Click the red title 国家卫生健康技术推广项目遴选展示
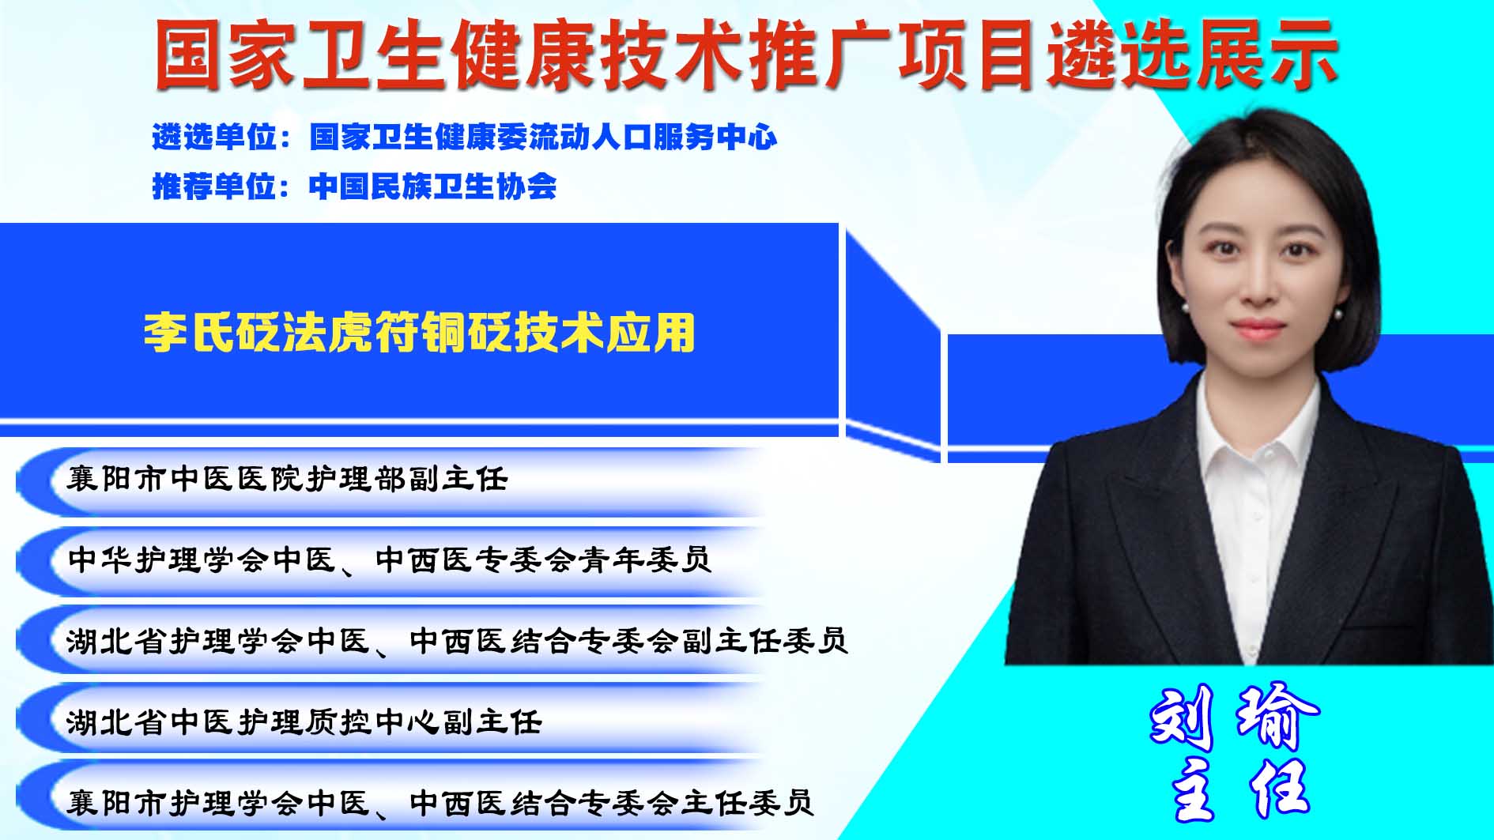pos(746,54)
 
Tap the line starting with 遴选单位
pos(465,137)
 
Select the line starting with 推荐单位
pos(354,186)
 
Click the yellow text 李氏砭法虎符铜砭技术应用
pos(419,332)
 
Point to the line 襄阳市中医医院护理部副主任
pos(287,479)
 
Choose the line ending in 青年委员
pos(390,559)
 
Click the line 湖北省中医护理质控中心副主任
pos(304,721)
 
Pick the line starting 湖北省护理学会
pos(457,640)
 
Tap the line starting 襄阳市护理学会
pos(440,802)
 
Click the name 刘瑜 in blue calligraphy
pos(1234,717)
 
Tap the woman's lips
pos(1257,328)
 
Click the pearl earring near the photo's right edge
pos(1337,314)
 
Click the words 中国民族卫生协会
pos(433,186)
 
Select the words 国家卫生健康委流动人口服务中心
pos(544,137)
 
